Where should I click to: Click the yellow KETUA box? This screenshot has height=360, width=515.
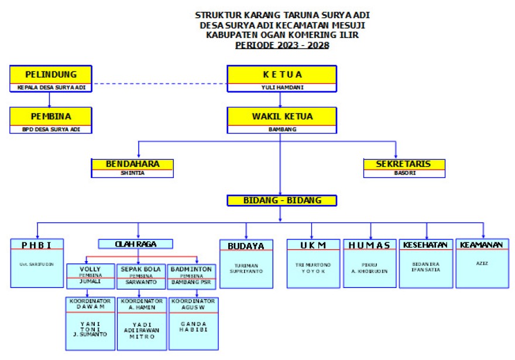tap(281, 74)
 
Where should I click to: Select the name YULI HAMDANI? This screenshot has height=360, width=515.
tap(281, 87)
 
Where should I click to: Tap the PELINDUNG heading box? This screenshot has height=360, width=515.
tap(51, 74)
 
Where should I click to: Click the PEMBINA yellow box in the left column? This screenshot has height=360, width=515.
tap(51, 116)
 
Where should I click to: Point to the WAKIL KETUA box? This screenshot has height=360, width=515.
tap(281, 116)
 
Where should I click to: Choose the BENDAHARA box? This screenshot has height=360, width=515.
tap(133, 164)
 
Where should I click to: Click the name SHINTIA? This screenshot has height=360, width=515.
tap(133, 173)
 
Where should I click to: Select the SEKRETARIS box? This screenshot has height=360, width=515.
tap(404, 164)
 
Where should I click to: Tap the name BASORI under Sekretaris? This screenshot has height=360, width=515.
tap(404, 173)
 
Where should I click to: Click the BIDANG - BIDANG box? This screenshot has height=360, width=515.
tap(281, 200)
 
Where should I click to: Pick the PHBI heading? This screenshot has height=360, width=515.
tap(37, 245)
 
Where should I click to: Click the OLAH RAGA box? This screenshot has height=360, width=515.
tap(135, 244)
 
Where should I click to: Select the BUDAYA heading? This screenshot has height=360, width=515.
tap(246, 246)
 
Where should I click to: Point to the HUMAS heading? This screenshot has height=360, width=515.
tap(370, 245)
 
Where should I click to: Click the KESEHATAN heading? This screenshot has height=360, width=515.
tap(426, 245)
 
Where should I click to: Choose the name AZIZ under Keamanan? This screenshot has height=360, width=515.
tap(483, 264)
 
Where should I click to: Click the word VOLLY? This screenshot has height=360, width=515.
tap(90, 269)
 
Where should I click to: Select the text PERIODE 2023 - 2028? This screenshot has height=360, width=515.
tap(281, 45)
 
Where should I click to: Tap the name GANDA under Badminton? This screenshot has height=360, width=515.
tap(192, 323)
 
